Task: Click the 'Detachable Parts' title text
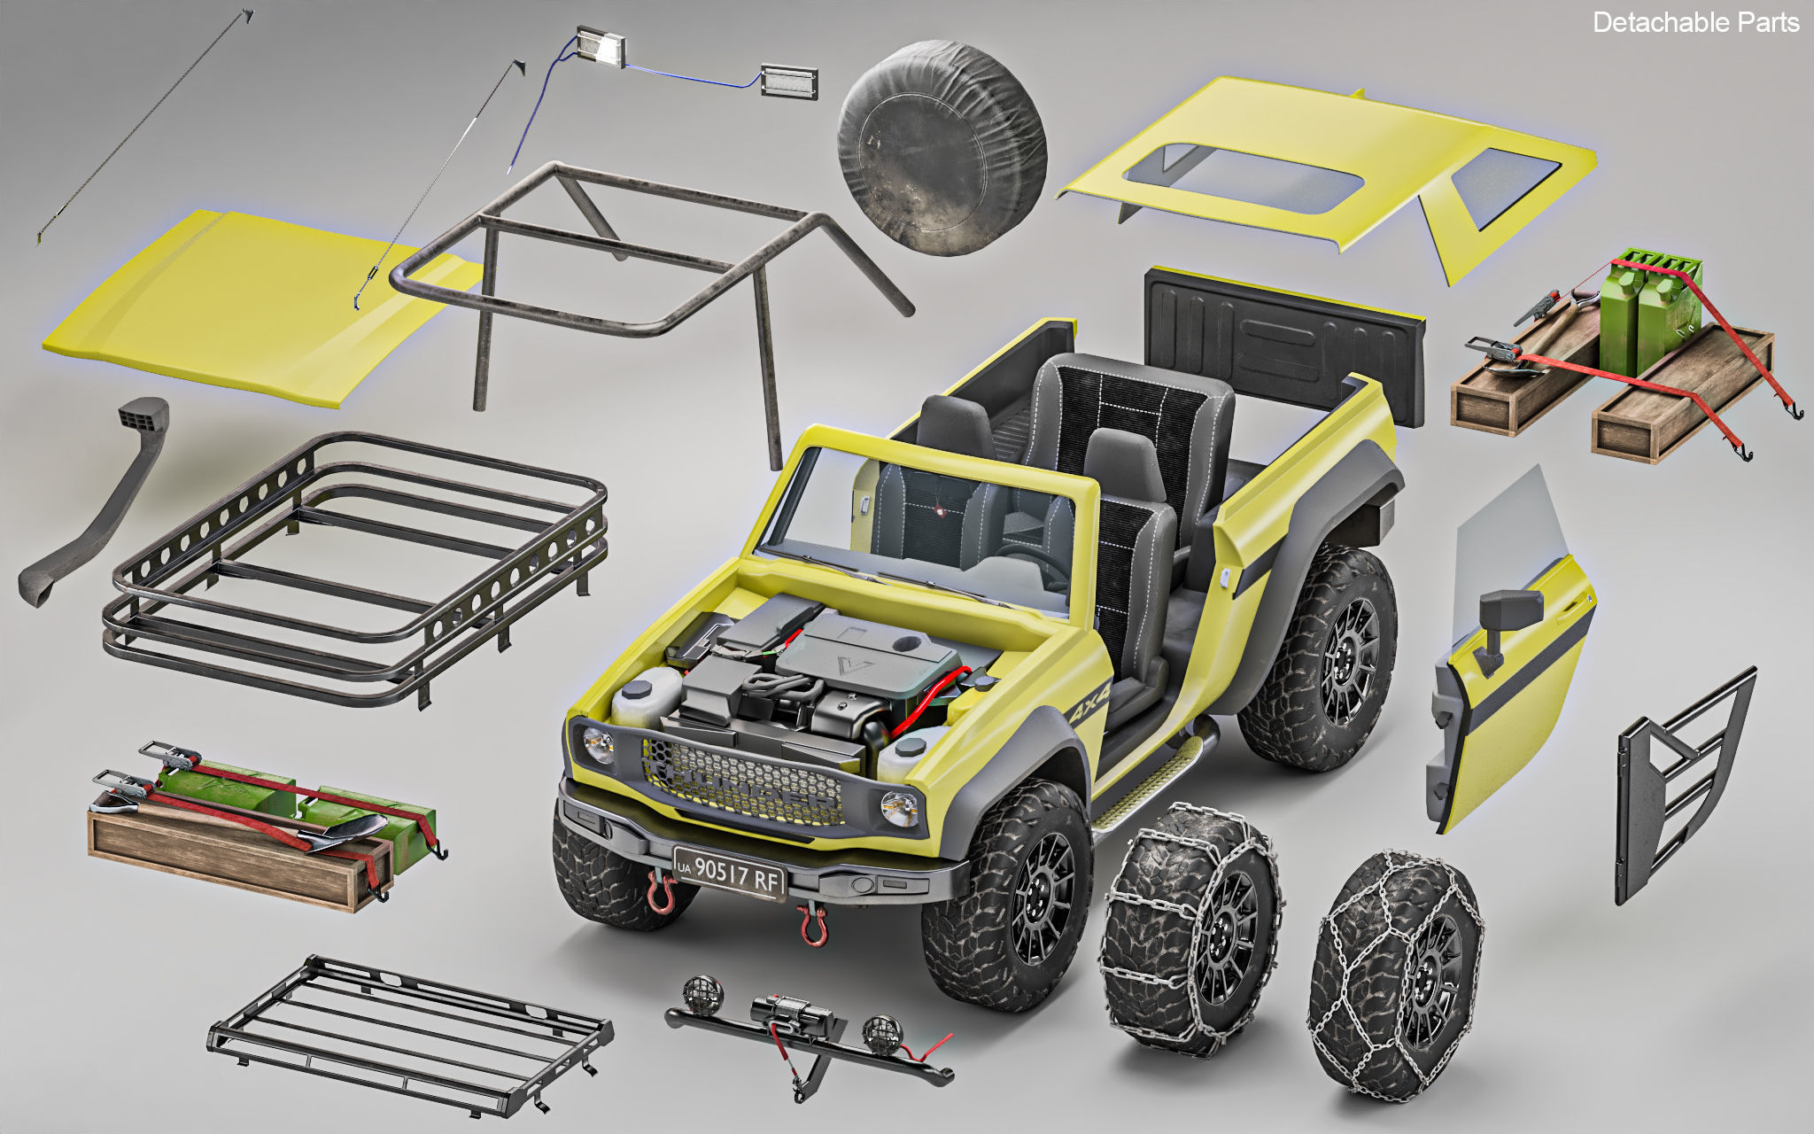tap(1694, 22)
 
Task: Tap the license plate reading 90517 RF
tap(729, 874)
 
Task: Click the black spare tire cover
tap(942, 147)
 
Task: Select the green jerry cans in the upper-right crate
tap(1651, 310)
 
